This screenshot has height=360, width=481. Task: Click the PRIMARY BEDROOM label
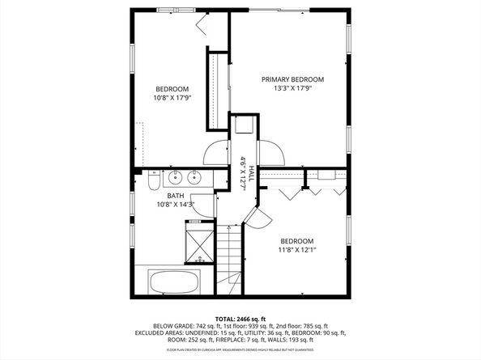292,79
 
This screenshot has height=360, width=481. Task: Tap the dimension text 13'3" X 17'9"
292,88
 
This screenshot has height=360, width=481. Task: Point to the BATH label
175,196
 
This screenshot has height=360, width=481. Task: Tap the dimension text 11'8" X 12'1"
297,250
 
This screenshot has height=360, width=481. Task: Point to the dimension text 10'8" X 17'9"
172,98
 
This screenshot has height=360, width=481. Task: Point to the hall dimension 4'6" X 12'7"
241,172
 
